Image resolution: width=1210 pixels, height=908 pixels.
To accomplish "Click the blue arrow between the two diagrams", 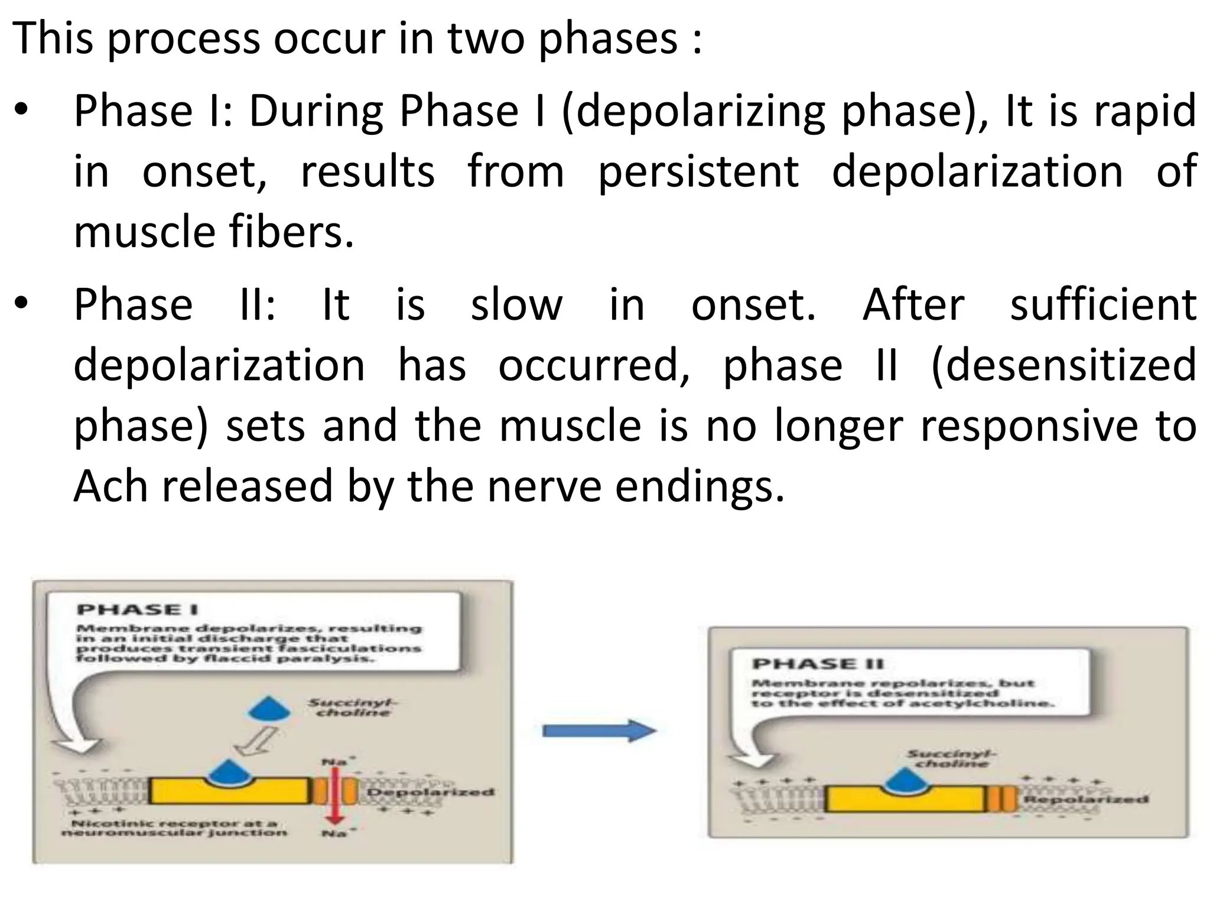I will coord(598,731).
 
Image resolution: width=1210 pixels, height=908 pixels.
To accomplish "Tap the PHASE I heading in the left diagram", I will coord(138,609).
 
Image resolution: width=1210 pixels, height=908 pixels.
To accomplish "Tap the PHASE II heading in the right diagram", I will coord(818,664).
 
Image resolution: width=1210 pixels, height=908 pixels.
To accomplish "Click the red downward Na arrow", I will coord(334,795).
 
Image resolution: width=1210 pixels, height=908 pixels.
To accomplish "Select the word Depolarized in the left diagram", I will coord(431,792).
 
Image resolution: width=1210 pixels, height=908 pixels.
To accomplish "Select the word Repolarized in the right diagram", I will coord(1085,799).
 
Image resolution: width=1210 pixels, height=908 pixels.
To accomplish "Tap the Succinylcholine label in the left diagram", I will coord(353,708).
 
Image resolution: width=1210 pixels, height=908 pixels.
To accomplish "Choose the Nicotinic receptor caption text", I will coord(174,828).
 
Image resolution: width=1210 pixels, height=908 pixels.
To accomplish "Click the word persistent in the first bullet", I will coord(698,171).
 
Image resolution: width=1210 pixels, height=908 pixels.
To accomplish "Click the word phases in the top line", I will coord(608,38).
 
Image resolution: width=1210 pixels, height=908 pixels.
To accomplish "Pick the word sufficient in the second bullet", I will coord(1103,305).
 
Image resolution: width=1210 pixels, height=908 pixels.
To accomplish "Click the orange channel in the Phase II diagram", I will coord(1001,799).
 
